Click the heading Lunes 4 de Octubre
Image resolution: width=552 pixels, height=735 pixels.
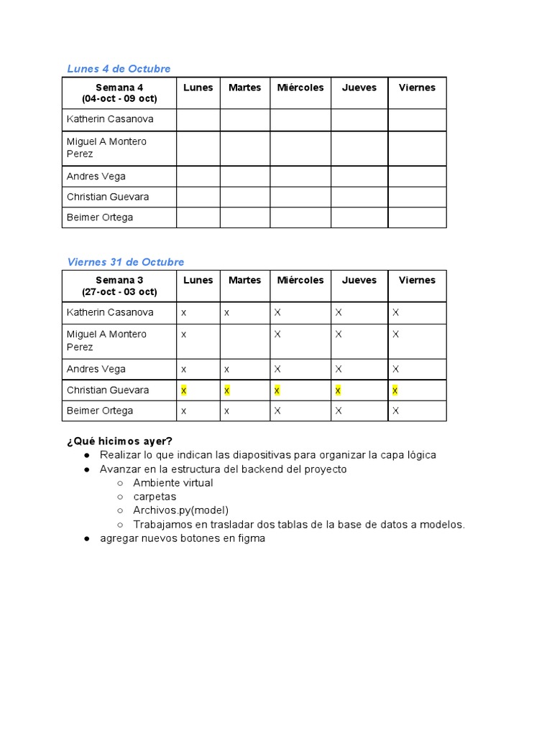click(119, 69)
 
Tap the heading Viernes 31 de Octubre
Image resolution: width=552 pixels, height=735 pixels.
click(126, 262)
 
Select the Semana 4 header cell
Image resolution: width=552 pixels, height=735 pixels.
click(119, 93)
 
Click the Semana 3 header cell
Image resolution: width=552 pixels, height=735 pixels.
click(119, 286)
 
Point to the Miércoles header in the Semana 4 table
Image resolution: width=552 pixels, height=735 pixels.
click(300, 88)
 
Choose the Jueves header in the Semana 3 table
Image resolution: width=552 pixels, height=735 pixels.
click(359, 280)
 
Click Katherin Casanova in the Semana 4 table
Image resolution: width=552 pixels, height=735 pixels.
click(110, 119)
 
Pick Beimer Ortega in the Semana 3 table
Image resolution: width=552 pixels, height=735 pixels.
click(100, 411)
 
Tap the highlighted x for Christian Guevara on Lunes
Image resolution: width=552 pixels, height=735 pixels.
click(184, 390)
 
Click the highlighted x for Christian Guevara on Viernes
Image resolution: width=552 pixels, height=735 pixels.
click(395, 390)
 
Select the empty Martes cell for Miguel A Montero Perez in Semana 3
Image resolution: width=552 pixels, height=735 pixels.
click(245, 341)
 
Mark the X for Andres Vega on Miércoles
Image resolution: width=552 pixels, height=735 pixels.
click(277, 369)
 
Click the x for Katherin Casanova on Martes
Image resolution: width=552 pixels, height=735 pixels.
click(226, 312)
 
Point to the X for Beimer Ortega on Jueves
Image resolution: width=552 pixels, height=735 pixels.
click(339, 411)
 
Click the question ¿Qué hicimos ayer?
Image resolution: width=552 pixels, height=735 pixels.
click(120, 441)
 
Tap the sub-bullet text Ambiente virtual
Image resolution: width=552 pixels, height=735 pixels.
click(173, 483)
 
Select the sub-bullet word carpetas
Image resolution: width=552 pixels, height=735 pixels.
click(155, 497)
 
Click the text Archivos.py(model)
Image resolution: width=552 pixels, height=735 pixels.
click(181, 510)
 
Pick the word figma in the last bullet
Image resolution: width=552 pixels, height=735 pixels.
click(251, 538)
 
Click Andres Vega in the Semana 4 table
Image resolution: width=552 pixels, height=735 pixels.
click(96, 176)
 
